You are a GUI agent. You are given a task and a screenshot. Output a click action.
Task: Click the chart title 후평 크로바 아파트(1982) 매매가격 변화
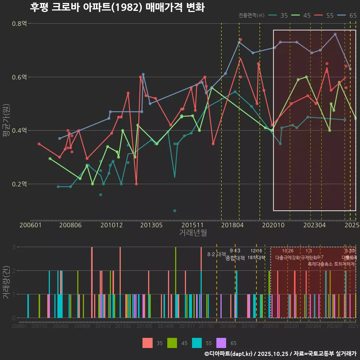[x=117, y=7]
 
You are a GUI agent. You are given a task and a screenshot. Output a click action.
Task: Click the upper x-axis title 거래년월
[x=193, y=232]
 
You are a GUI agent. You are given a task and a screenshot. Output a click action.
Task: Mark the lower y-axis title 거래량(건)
[x=6, y=282]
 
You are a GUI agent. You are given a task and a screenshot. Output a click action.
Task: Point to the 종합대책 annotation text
[x=235, y=258]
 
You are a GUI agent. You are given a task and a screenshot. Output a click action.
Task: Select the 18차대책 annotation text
[x=256, y=258]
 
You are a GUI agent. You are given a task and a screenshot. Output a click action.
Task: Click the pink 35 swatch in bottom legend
[x=147, y=343]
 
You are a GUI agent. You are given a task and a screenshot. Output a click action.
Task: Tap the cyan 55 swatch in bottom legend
[x=197, y=343]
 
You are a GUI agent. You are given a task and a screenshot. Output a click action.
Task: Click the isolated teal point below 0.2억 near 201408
[x=175, y=211]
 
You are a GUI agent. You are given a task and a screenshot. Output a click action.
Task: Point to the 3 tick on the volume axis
[x=14, y=247]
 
